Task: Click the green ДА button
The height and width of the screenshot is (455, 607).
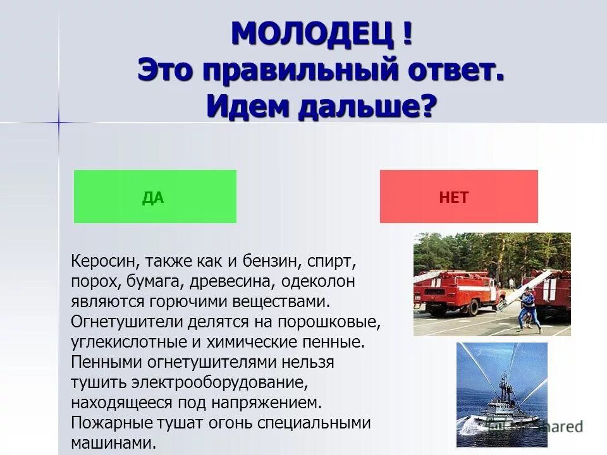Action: pos(155,197)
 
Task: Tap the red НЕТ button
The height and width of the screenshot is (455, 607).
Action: pos(458,197)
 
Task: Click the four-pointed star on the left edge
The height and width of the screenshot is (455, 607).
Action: pos(59,122)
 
